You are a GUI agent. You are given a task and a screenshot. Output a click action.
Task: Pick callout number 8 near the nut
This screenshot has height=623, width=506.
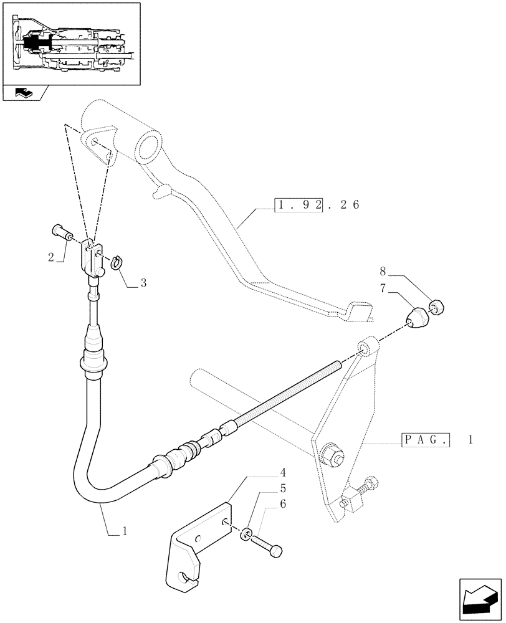pos(383,271)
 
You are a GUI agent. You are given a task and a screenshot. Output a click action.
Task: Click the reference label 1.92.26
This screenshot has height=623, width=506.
pos(317,205)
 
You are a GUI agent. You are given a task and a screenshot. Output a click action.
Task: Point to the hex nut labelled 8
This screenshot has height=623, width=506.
pos(436,307)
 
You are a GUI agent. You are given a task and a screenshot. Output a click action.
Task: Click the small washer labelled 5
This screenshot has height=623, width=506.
pos(246,533)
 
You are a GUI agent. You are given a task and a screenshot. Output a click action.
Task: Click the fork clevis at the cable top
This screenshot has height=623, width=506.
pos(93,259)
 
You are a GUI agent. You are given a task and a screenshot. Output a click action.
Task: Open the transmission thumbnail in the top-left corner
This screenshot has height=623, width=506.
pos(70,43)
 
